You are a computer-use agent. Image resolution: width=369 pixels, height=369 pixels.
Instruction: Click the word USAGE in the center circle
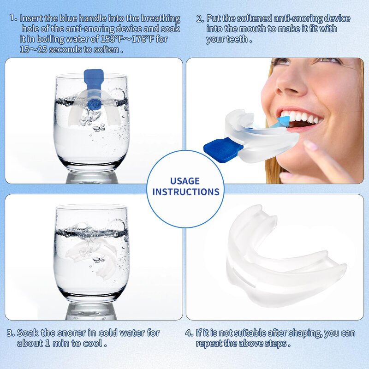point(185,181)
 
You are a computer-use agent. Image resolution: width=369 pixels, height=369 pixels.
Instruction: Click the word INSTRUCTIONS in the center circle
point(185,191)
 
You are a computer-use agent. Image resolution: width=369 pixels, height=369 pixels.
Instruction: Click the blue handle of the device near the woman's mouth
point(224,148)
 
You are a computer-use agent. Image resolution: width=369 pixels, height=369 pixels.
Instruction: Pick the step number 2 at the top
point(200,19)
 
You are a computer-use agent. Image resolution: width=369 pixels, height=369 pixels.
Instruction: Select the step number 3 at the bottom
point(10,333)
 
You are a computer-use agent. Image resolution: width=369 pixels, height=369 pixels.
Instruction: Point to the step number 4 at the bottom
point(189,333)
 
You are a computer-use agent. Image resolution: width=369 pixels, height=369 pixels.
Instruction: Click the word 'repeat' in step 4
point(210,343)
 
